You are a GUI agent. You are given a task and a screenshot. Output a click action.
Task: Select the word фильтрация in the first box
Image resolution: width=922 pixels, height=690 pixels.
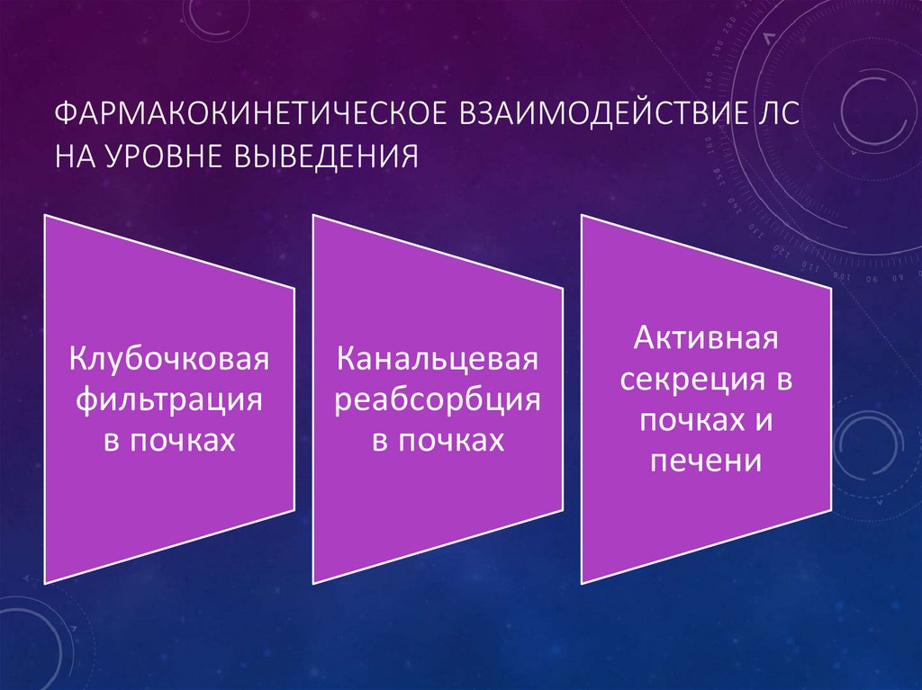(169, 399)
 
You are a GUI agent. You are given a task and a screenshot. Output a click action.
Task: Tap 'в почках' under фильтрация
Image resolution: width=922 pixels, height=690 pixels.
(169, 440)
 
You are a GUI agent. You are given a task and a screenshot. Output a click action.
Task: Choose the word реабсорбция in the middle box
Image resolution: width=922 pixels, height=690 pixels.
(438, 399)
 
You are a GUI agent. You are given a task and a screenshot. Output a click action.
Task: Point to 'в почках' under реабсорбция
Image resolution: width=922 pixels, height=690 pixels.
(438, 440)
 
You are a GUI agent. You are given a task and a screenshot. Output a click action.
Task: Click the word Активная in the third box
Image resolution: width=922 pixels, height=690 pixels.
(705, 340)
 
